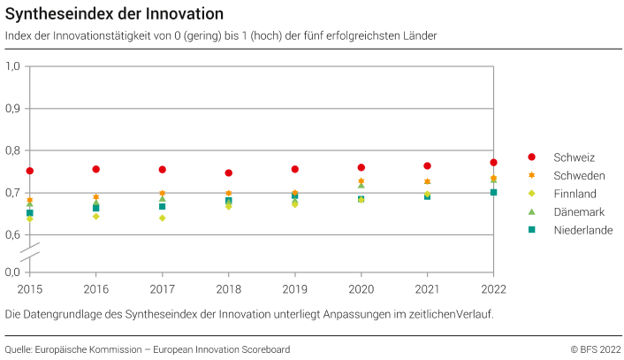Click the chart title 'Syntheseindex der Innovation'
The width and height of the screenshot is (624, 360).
click(114, 14)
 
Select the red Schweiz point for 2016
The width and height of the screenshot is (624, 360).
click(96, 169)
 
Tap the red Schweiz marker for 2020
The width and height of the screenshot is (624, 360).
click(361, 167)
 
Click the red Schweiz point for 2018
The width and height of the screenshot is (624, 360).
click(229, 172)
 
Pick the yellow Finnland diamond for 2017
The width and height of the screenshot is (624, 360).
click(163, 218)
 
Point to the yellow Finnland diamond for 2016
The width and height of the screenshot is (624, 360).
click(96, 216)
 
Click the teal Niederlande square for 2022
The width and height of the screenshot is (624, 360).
click(494, 192)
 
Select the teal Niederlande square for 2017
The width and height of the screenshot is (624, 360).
click(163, 206)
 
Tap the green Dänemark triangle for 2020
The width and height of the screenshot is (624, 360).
click(361, 185)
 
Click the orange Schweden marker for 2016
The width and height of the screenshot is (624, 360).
click(96, 197)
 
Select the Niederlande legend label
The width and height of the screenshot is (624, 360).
click(582, 230)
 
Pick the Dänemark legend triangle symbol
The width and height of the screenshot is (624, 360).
click(532, 211)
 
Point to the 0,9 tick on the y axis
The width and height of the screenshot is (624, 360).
click(13, 108)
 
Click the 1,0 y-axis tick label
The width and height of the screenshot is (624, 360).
click(13, 66)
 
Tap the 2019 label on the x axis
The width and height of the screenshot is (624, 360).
click(295, 288)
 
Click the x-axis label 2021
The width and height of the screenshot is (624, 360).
click(428, 288)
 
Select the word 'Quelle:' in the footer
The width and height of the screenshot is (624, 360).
click(21, 349)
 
